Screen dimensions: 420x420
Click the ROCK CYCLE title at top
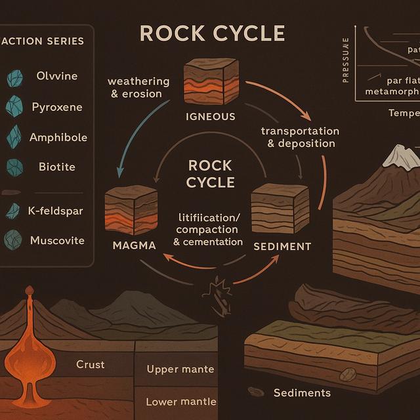(x=212, y=33)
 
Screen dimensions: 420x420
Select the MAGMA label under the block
(x=133, y=246)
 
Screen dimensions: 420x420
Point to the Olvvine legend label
(x=56, y=76)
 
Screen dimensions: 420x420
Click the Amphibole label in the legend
(x=58, y=138)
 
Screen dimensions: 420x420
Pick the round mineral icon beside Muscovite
(x=13, y=240)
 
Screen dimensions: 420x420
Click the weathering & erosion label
(x=138, y=87)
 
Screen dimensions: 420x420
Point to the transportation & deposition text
(x=300, y=137)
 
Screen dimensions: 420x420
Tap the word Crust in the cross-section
(x=90, y=364)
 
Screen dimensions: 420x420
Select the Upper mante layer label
(x=180, y=369)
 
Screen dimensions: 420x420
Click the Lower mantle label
(x=181, y=402)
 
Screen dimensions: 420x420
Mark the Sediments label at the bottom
(x=302, y=393)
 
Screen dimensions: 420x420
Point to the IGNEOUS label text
(x=210, y=117)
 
